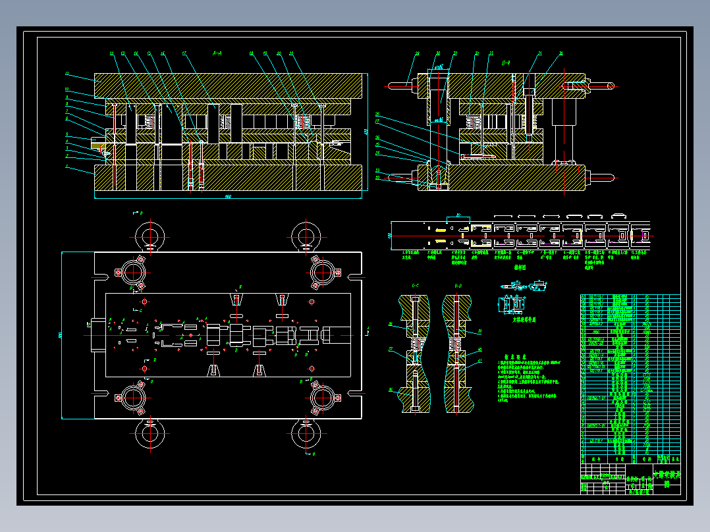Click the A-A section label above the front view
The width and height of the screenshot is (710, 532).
[x=217, y=51]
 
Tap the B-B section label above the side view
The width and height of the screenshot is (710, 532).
[x=506, y=63]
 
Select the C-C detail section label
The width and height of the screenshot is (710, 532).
[x=416, y=286]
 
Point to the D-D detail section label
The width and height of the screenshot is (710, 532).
[x=458, y=286]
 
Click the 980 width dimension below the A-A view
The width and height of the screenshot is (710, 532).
[x=228, y=196]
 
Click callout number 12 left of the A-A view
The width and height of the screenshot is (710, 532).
[x=67, y=73]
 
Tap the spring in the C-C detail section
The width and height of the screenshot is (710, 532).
[x=416, y=344]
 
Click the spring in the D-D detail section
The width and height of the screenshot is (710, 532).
[x=456, y=344]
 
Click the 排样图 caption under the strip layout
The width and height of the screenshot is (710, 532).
[x=520, y=267]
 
